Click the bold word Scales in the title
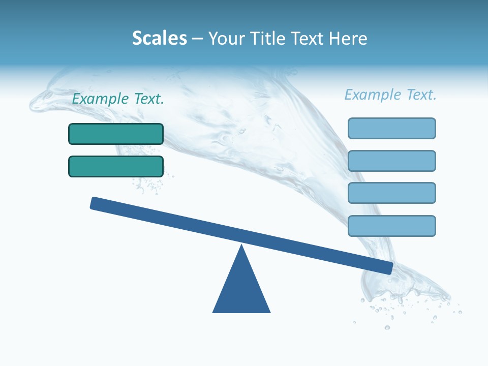tap(160, 39)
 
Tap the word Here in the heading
tap(348, 39)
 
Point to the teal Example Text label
tap(118, 99)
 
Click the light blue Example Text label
tap(390, 95)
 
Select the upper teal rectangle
tap(116, 134)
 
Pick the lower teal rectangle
tap(116, 166)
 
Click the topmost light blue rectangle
tap(392, 128)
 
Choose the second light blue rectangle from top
tap(392, 161)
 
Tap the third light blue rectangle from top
tap(392, 193)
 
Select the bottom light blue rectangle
tap(392, 226)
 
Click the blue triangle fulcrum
tap(241, 290)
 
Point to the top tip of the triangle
tap(242, 247)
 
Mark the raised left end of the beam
tap(94, 203)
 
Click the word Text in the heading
tap(306, 39)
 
